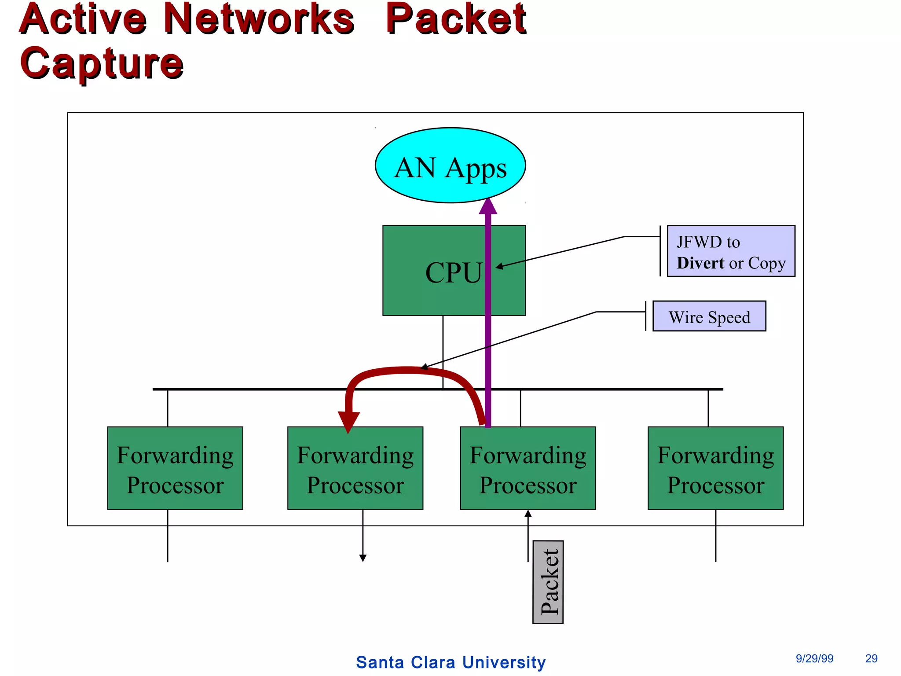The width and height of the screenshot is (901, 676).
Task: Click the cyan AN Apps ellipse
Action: (450, 165)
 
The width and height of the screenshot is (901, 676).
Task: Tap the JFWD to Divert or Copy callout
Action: (731, 251)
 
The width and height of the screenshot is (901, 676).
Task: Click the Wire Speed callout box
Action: (709, 316)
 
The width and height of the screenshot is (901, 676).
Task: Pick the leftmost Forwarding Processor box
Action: (175, 468)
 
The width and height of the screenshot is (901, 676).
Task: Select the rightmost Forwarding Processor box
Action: (715, 468)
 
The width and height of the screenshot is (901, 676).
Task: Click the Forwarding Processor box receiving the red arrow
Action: (355, 468)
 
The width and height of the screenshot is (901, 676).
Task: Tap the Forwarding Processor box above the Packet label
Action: (527, 468)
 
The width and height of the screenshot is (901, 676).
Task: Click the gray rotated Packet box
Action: (548, 582)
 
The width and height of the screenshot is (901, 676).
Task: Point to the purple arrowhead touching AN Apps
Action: (488, 206)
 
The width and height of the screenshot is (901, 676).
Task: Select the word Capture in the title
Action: (102, 63)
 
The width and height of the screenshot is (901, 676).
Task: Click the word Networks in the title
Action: (259, 19)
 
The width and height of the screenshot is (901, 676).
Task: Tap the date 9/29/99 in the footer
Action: (814, 658)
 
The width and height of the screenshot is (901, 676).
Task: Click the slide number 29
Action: (871, 658)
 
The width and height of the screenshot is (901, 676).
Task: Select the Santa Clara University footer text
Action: (450, 662)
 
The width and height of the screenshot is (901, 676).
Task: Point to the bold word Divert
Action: (700, 263)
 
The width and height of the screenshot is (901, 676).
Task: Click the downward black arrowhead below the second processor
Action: (363, 558)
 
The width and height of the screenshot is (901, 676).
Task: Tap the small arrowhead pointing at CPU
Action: (499, 266)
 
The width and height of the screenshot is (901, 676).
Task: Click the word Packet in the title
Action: (455, 19)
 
